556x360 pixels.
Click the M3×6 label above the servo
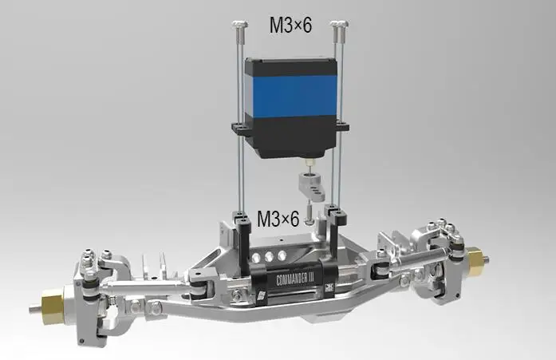[x=290, y=26]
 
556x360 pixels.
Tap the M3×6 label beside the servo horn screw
[x=278, y=219]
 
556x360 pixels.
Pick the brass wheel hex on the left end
[x=53, y=304]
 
